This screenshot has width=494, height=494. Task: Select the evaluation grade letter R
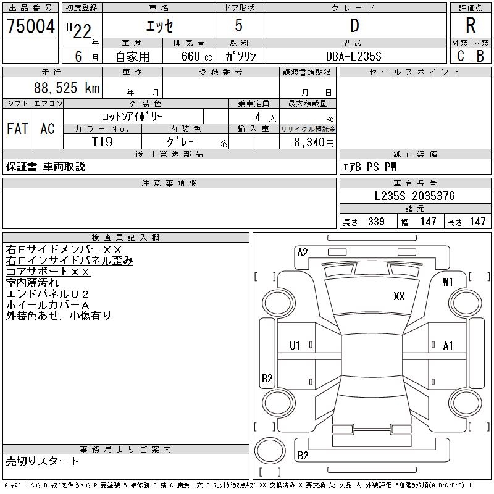pyautogui.click(x=471, y=26)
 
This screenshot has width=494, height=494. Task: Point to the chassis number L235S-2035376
pyautogui.click(x=415, y=196)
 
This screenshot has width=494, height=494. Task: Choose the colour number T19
pyautogui.click(x=102, y=141)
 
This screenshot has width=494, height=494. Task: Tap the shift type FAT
pyautogui.click(x=17, y=128)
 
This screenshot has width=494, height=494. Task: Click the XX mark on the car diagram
pyautogui.click(x=399, y=296)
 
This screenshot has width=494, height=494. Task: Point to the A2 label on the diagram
pyautogui.click(x=303, y=252)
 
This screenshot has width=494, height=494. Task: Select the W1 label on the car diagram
pyautogui.click(x=448, y=282)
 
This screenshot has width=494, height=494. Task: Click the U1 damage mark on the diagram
pyautogui.click(x=295, y=346)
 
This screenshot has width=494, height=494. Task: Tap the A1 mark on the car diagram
pyautogui.click(x=448, y=346)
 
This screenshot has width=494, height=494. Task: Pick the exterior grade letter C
pyautogui.click(x=460, y=56)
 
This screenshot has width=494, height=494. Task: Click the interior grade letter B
pyautogui.click(x=480, y=56)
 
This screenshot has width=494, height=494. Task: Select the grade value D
pyautogui.click(x=354, y=26)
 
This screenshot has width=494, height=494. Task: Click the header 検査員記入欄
pyautogui.click(x=125, y=237)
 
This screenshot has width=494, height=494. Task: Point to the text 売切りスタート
pyautogui.click(x=43, y=461)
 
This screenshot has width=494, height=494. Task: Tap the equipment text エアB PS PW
pyautogui.click(x=370, y=167)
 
